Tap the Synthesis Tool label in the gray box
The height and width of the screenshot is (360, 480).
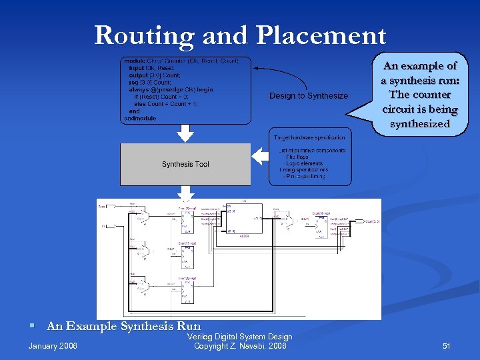point(185,164)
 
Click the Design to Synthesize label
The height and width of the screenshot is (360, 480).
point(309,96)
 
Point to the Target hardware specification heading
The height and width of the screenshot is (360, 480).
point(309,137)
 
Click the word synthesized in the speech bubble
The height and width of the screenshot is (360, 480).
point(419,123)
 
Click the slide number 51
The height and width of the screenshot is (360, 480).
point(447,346)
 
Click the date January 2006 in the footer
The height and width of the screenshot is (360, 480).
point(53,346)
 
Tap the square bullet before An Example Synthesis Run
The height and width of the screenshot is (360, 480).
point(31,327)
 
